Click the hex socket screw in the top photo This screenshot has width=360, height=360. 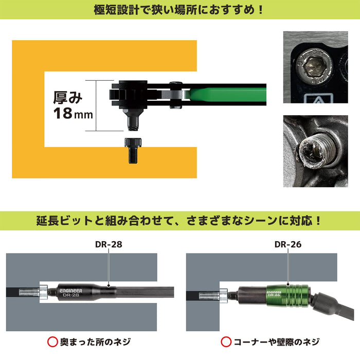(315, 67)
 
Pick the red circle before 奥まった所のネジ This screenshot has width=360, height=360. (51, 341)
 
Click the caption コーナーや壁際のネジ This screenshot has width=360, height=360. (275, 341)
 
